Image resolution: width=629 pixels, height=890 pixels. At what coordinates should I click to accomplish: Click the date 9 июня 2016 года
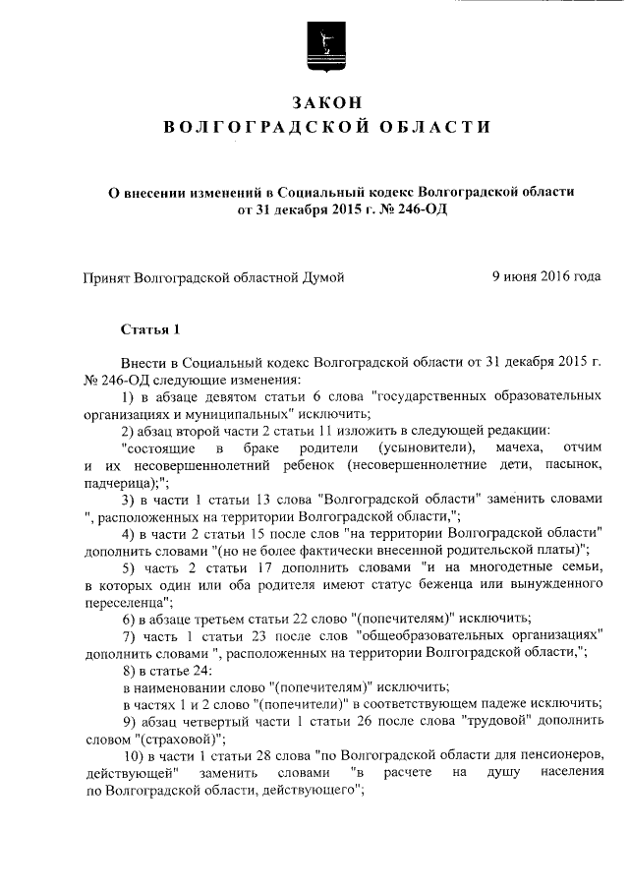[546, 277]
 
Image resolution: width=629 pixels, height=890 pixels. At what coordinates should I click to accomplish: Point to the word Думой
[321, 278]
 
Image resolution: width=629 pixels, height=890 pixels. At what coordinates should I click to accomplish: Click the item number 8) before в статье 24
[129, 671]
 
